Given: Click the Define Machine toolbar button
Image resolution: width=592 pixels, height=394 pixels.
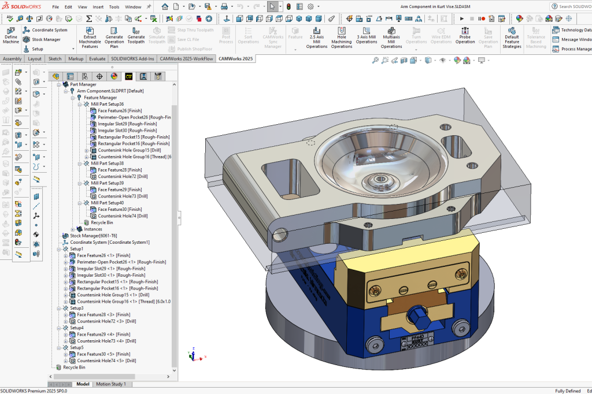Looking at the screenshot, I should [10, 35].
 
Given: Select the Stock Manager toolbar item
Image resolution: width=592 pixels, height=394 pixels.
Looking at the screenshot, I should [46, 39].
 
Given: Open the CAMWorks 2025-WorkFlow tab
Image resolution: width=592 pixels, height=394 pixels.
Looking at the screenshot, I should [186, 58].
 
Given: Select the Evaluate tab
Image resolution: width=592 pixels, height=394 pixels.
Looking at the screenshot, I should [97, 58].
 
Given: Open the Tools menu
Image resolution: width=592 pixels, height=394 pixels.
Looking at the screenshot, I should [114, 7].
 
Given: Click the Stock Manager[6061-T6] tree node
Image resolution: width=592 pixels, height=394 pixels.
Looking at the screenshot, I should [93, 236].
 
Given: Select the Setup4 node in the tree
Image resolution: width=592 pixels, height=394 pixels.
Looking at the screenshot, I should [77, 328].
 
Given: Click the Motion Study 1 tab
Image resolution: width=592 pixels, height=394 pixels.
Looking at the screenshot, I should [111, 384].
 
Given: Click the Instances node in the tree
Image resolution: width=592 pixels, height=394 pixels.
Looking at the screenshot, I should [92, 229].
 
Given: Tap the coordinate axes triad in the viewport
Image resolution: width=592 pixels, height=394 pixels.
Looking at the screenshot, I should [192, 354].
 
